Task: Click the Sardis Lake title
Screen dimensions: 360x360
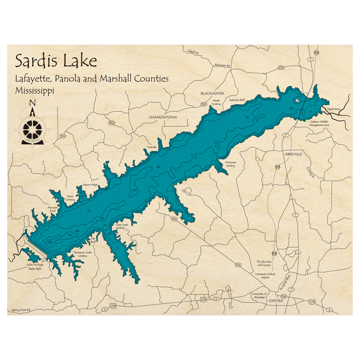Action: click(56, 61)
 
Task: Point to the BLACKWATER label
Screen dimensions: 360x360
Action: click(212, 93)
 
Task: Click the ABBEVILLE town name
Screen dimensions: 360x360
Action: click(293, 154)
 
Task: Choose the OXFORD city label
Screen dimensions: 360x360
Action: click(276, 300)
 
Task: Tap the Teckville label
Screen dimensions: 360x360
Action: click(152, 147)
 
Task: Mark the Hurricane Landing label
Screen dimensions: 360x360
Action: click(230, 164)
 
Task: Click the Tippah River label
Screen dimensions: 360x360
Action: click(333, 108)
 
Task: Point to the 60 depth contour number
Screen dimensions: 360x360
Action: click(50, 241)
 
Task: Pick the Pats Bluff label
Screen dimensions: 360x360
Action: click(93, 240)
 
